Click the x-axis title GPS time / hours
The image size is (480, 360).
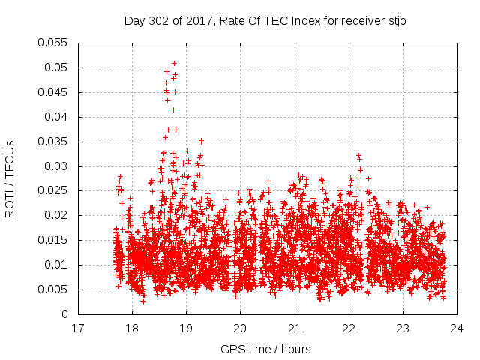(x=265, y=349)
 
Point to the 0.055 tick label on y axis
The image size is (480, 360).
(x=53, y=43)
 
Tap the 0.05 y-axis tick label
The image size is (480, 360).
(x=56, y=67)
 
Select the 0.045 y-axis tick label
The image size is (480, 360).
(x=53, y=92)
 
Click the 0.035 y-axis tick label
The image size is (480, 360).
(x=53, y=142)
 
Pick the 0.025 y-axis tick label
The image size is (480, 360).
(x=53, y=191)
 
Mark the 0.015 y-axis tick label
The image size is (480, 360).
(x=53, y=241)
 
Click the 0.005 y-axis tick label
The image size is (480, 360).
(x=53, y=289)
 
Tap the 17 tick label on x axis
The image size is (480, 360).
(x=77, y=328)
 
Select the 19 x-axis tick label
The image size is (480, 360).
(x=186, y=328)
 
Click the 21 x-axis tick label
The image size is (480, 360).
(x=295, y=328)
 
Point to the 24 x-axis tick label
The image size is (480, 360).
(x=457, y=328)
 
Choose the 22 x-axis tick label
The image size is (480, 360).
(x=349, y=328)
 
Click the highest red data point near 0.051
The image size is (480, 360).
(x=174, y=63)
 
